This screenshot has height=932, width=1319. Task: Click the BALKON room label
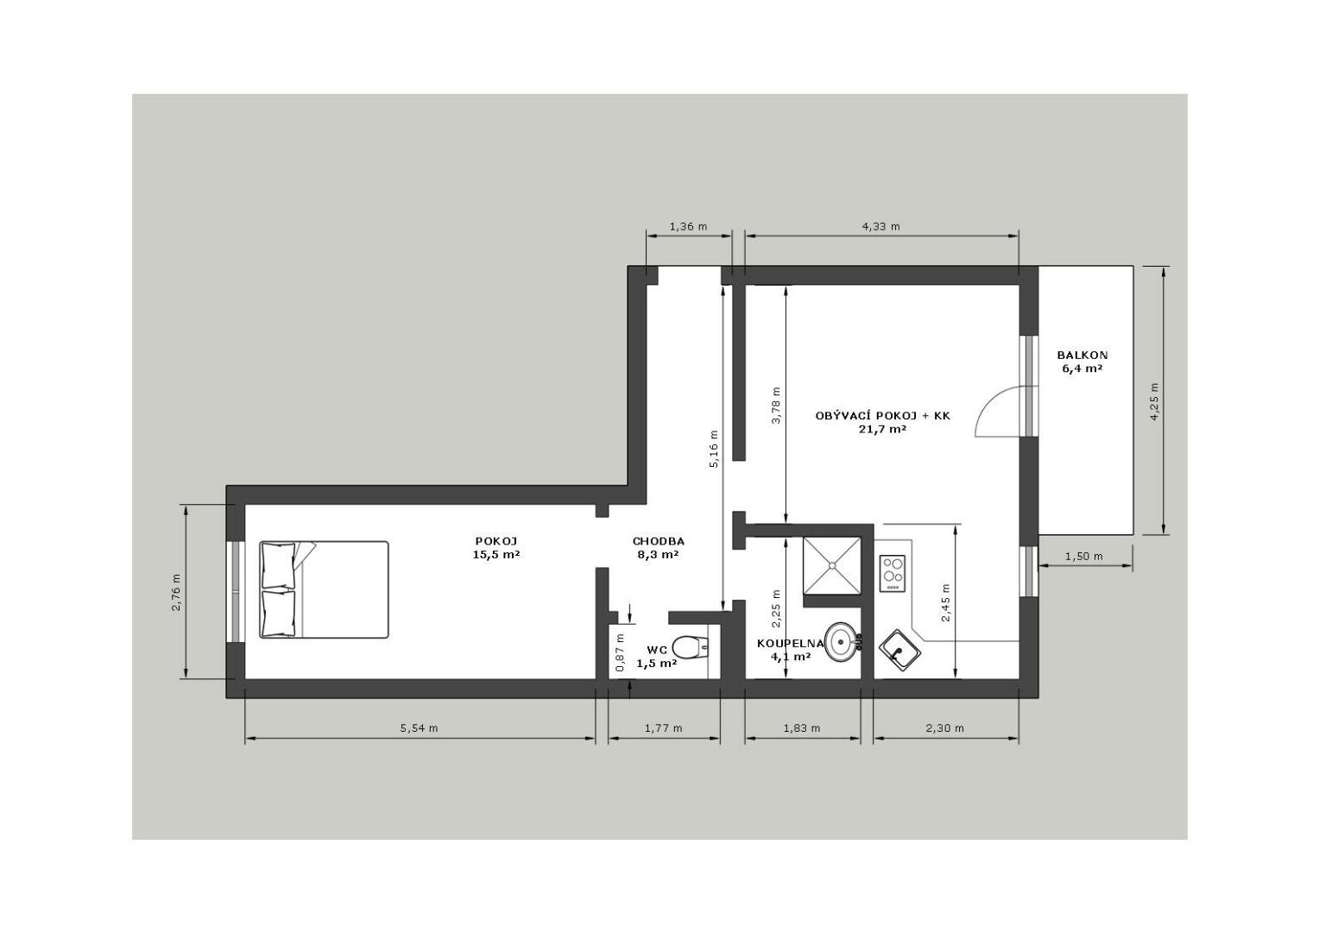tap(1082, 355)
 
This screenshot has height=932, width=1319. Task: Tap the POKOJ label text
tap(495, 541)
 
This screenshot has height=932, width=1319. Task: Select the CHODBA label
tap(659, 541)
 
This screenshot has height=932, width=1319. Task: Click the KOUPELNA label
tap(790, 644)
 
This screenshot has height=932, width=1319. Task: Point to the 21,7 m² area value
tap(882, 429)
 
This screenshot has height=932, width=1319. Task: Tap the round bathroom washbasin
tap(843, 642)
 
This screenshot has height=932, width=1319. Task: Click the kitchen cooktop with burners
tap(892, 573)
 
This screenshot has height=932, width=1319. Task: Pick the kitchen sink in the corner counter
tap(899, 649)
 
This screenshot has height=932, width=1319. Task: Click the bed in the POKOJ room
tap(324, 589)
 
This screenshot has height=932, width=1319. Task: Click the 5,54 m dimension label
tap(420, 728)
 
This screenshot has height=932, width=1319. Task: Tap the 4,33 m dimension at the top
tap(880, 227)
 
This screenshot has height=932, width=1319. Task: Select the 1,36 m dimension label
tap(688, 227)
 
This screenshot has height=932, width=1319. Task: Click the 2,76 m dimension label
tap(176, 592)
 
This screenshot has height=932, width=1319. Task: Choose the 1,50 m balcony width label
tap(1084, 557)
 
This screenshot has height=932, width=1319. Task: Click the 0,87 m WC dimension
tap(620, 653)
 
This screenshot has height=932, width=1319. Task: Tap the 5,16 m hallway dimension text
tap(714, 449)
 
